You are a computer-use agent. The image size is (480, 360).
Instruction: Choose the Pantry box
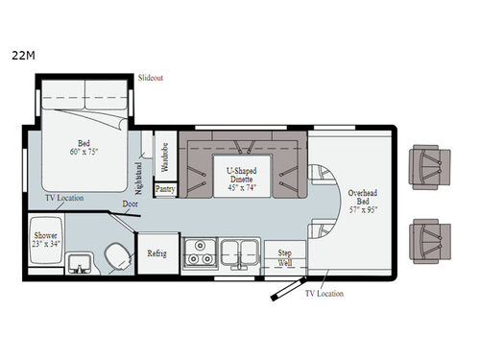coord(164,190)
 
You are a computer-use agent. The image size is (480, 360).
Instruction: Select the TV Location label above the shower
coord(63,199)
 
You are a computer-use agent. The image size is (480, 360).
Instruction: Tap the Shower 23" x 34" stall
coord(46,240)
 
